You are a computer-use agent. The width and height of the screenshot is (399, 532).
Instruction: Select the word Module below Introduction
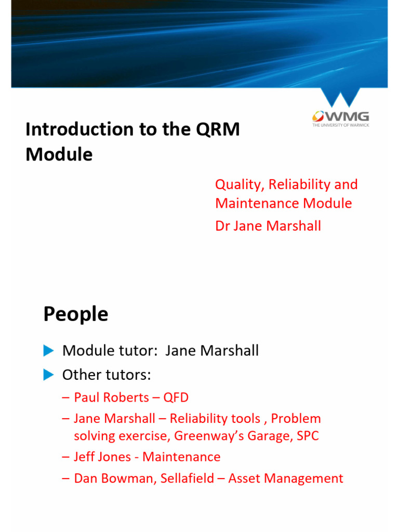(59, 154)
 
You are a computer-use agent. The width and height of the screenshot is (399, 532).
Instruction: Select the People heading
(76, 314)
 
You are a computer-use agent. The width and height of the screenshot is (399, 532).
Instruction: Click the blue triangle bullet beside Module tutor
(49, 351)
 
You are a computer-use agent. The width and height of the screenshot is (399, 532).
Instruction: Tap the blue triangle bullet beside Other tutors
(49, 374)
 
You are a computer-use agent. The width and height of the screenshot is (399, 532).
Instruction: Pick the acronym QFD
(176, 398)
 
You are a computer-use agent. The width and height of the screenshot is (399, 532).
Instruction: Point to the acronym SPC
(308, 436)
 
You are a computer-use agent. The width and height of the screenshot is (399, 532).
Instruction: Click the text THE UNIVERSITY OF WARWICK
(340, 125)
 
